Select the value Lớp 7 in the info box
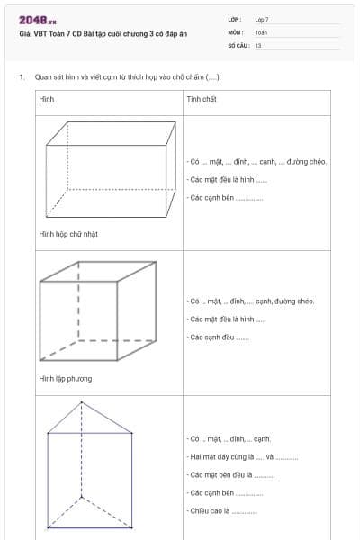coord(261,19)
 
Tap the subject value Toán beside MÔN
coord(261,31)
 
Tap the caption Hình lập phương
coord(65,378)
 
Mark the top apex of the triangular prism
coord(81,401)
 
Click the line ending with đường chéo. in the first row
coord(257,162)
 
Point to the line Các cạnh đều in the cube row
coord(219,337)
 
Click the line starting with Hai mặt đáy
coord(243,457)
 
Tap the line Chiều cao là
coord(222,510)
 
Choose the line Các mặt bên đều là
coord(231,474)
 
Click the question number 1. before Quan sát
coord(21,77)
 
